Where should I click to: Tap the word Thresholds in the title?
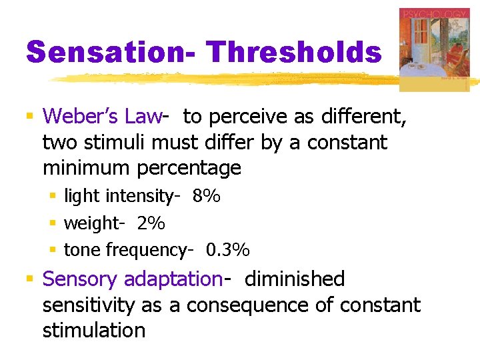tap(293, 51)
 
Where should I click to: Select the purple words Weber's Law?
tap(102, 117)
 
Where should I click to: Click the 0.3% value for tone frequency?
tap(228, 250)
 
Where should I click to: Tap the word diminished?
tap(295, 279)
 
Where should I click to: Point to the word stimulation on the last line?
tap(94, 331)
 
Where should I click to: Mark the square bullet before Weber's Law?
tap(29, 117)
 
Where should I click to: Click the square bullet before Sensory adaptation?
tap(29, 279)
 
